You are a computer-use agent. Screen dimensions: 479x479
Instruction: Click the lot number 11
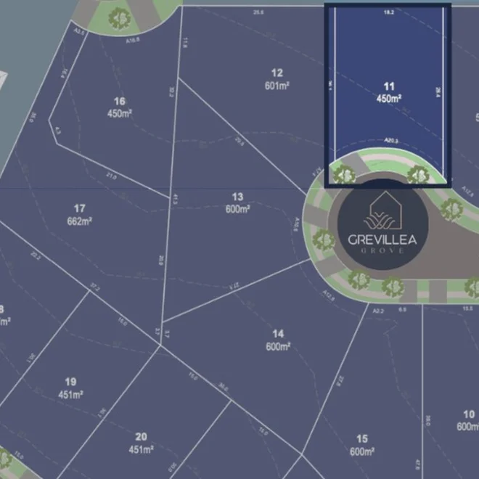pyautogui.click(x=389, y=86)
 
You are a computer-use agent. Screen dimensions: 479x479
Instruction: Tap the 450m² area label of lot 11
pyautogui.click(x=389, y=98)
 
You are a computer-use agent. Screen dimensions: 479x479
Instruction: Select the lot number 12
pyautogui.click(x=277, y=73)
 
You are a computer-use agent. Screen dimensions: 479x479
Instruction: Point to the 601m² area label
pyautogui.click(x=277, y=85)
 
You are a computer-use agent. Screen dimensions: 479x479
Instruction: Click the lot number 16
pyautogui.click(x=120, y=102)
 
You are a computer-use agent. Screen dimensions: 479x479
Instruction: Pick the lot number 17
pyautogui.click(x=80, y=208)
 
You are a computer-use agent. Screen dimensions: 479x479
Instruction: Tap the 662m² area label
pyautogui.click(x=80, y=221)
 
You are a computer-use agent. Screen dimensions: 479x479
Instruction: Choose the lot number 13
pyautogui.click(x=237, y=197)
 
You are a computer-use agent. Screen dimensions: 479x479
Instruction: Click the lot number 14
pyautogui.click(x=278, y=334)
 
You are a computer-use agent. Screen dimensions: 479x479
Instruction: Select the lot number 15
pyautogui.click(x=362, y=439)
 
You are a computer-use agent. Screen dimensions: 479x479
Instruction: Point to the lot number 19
pyautogui.click(x=70, y=382)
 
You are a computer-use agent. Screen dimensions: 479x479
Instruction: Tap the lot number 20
pyautogui.click(x=141, y=437)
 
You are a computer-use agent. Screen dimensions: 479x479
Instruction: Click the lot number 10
pyautogui.click(x=469, y=414)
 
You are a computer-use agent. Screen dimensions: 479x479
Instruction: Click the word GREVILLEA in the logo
pyautogui.click(x=382, y=239)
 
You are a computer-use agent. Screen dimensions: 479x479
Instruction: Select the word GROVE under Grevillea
pyautogui.click(x=382, y=251)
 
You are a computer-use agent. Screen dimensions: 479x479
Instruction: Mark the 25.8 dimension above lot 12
pyautogui.click(x=258, y=12)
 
